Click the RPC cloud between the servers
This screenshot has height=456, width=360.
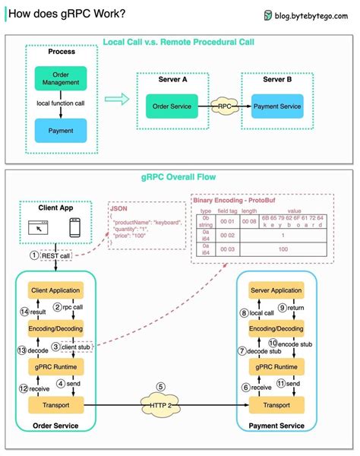[x=224, y=106]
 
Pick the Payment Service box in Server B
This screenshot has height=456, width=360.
[x=276, y=106]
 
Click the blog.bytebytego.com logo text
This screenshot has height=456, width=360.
[x=309, y=14]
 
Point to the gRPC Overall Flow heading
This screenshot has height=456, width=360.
[x=180, y=176]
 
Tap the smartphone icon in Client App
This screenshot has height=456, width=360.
[x=74, y=226]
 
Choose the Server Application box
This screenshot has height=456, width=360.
[x=276, y=290]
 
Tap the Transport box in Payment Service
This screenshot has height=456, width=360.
[x=276, y=407]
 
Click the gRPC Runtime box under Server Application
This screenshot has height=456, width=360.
[x=276, y=366]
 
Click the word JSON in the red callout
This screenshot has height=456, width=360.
[x=118, y=207]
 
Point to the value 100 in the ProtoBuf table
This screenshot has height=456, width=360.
[x=283, y=249]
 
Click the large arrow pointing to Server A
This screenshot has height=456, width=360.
[x=116, y=98]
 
